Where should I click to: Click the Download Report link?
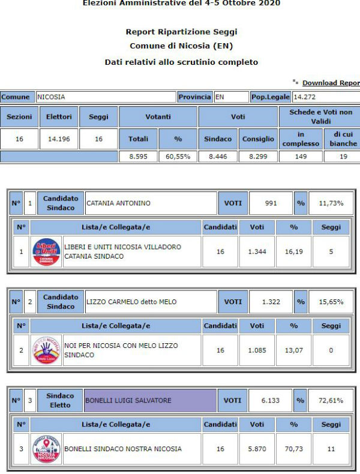[331, 83]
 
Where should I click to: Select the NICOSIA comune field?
[105, 97]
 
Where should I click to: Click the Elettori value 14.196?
[59, 139]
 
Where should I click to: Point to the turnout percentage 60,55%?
[178, 157]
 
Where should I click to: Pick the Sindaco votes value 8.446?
[218, 157]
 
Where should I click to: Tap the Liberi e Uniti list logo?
[46, 251]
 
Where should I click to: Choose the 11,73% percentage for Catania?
[331, 203]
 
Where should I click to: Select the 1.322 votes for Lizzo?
[271, 302]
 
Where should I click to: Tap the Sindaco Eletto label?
[60, 400]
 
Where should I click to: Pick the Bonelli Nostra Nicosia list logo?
[46, 449]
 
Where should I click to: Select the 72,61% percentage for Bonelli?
[331, 400]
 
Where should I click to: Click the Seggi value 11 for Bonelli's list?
[331, 449]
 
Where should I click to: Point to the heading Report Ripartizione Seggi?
[181, 32]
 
